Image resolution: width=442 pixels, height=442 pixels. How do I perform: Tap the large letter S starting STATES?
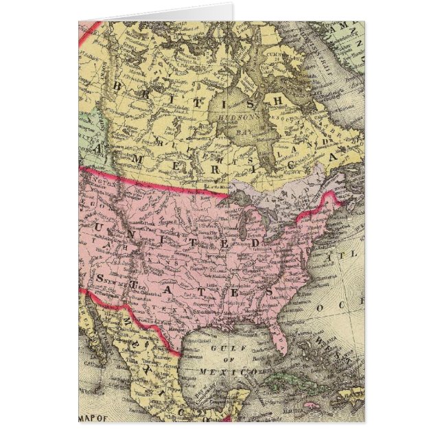[102, 277]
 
